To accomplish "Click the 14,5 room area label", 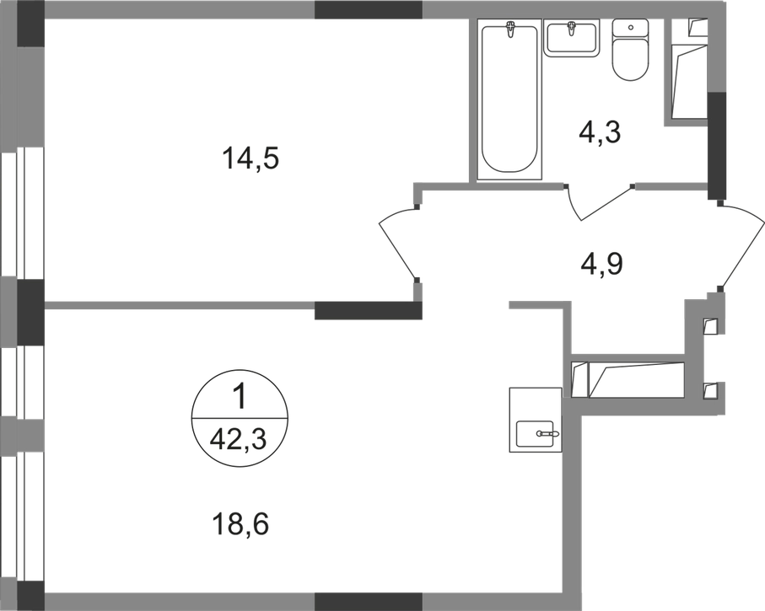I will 251,157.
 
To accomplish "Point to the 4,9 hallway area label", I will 601,264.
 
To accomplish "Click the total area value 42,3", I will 240,438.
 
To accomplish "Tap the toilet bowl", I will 628,54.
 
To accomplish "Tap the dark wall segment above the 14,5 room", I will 368,10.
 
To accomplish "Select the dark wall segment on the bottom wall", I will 368,601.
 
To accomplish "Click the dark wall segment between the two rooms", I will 368,311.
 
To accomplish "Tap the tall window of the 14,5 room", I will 21,215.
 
